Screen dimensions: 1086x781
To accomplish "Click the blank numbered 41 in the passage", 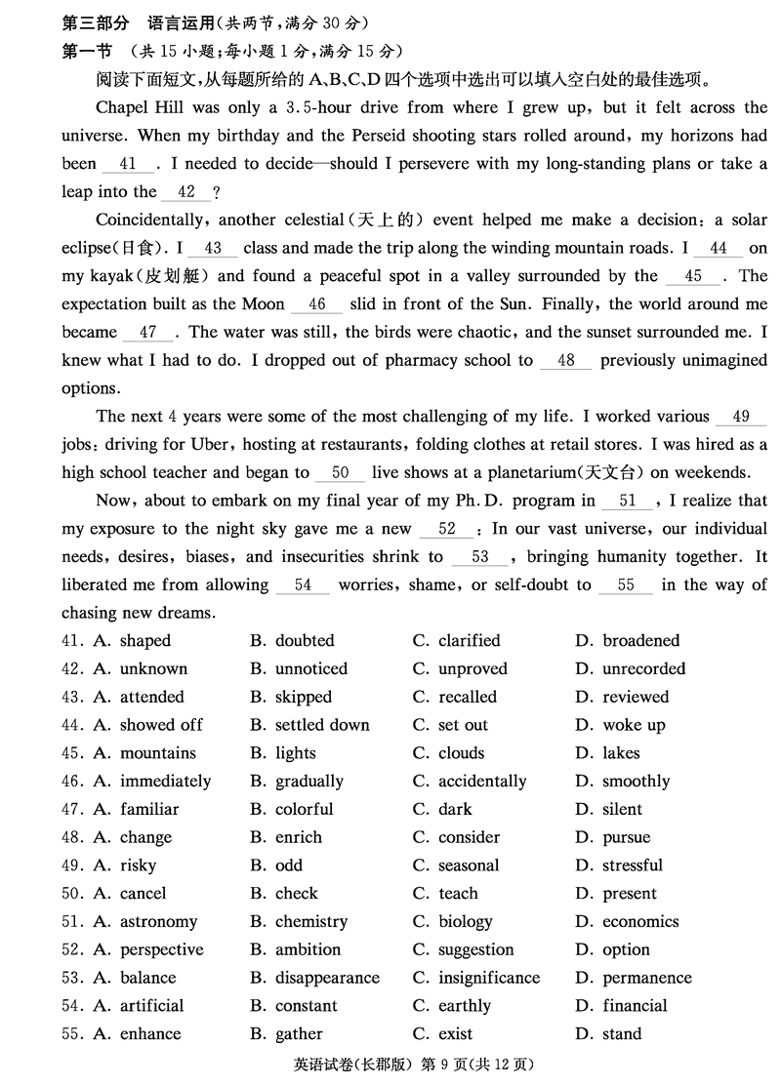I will pos(126,164).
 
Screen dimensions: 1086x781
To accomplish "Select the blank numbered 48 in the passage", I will pos(566,361).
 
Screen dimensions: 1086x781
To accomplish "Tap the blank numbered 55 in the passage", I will pos(626,585).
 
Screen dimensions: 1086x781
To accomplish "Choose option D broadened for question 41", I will pos(640,641).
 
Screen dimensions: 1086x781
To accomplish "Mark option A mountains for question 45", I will pos(157,753).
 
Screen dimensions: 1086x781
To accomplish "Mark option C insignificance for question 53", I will pos(488,978).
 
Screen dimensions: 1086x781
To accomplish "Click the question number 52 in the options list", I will pos(69,950).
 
